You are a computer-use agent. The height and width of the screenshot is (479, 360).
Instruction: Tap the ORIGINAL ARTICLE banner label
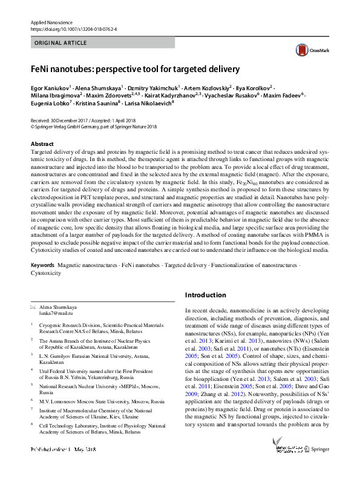coord(61,44)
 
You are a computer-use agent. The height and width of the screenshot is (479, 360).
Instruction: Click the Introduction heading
coord(206,295)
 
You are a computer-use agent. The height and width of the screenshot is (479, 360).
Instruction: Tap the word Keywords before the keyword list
coord(44,265)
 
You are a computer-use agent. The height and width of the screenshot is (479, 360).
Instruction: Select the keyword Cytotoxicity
coord(46,273)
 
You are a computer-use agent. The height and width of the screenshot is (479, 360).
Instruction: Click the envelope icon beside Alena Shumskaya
coord(33,308)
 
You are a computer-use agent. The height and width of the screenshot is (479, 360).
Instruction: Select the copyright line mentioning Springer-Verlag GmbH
coord(93,127)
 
